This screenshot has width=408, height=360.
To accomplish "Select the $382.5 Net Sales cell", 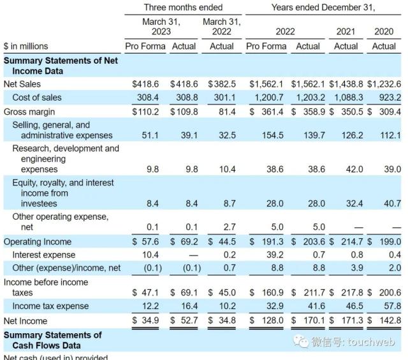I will pyautogui.click(x=222, y=83).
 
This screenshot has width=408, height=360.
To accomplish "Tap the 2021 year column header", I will pyautogui.click(x=346, y=31).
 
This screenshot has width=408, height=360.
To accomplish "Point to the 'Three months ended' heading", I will pyautogui.click(x=183, y=7).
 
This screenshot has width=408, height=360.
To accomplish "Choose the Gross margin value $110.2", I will pyautogui.click(x=147, y=112).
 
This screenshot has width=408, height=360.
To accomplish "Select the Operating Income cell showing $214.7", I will pyautogui.click(x=345, y=242).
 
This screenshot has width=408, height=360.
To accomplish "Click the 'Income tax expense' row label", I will pyautogui.click(x=50, y=306).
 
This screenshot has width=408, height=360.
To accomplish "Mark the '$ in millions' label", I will pyautogui.click(x=25, y=46).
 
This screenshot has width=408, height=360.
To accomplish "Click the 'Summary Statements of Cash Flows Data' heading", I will pyautogui.click(x=53, y=340).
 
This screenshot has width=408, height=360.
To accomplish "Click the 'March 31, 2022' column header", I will pyautogui.click(x=221, y=27).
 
